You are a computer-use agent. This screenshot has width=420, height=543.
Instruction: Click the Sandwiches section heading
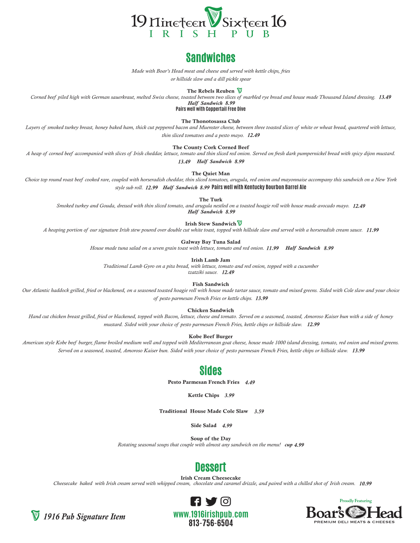click(210, 58)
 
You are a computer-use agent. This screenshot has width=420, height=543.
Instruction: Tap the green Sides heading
click(210, 371)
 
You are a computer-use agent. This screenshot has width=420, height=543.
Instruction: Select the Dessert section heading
click(210, 467)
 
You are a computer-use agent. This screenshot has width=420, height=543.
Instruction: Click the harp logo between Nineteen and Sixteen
click(213, 17)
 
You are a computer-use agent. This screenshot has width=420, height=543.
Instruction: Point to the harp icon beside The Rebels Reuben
click(240, 90)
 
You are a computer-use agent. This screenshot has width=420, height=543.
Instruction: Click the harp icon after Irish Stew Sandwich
click(240, 223)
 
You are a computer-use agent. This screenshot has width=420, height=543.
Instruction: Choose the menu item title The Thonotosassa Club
click(210, 121)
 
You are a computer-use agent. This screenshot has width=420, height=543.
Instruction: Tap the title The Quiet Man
click(210, 174)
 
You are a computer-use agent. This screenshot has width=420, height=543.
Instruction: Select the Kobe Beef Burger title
click(210, 336)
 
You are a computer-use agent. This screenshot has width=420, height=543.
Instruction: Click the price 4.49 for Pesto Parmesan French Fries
click(250, 383)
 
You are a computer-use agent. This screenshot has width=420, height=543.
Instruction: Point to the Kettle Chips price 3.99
click(229, 395)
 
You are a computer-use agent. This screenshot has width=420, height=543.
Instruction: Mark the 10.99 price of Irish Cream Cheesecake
click(365, 484)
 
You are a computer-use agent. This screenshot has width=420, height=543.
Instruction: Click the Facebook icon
click(196, 501)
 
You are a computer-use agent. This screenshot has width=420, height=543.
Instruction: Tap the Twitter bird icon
click(211, 501)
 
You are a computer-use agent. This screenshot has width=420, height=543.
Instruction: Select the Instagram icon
click(226, 501)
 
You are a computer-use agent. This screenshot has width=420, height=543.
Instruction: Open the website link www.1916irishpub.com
click(210, 514)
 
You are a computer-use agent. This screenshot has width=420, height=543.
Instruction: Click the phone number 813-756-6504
click(210, 523)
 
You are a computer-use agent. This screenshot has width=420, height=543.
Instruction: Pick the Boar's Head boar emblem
click(355, 512)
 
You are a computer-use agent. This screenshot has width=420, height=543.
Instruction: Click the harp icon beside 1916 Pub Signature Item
click(35, 515)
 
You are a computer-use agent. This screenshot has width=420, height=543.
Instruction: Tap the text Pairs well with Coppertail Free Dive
click(210, 109)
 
